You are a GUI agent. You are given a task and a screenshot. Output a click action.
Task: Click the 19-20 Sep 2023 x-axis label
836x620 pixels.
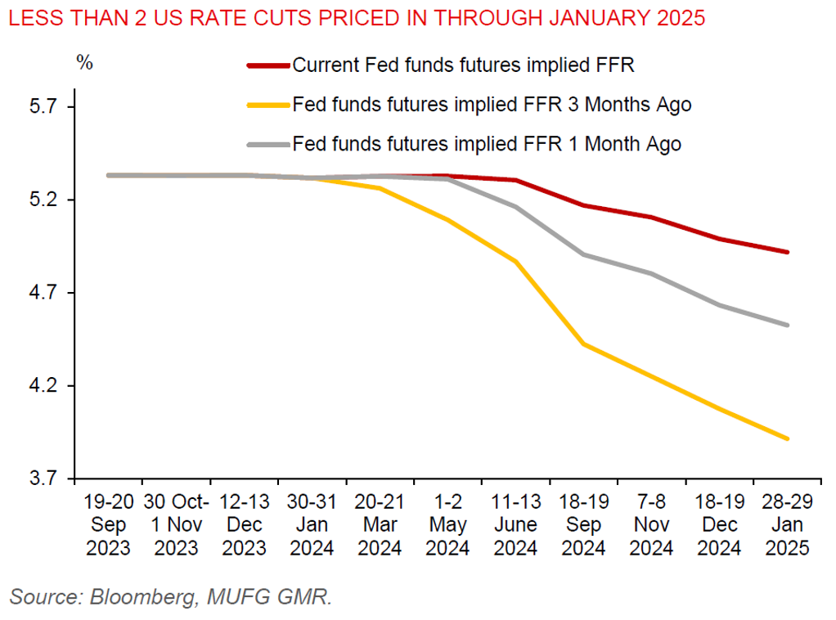point(108,524)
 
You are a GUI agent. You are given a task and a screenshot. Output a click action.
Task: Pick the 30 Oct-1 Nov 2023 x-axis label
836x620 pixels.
point(176,524)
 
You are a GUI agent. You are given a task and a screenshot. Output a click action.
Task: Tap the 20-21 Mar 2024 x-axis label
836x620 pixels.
point(380,524)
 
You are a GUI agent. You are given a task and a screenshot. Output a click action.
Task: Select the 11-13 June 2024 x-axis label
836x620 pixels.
point(516,524)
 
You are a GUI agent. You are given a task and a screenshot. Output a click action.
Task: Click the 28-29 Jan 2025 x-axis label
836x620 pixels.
point(787,524)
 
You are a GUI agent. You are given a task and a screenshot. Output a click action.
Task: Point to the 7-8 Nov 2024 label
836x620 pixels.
point(652,524)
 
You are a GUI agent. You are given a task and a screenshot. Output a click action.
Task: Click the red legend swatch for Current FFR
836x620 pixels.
point(267,65)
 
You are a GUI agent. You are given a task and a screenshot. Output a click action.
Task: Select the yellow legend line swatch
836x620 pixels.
point(267,105)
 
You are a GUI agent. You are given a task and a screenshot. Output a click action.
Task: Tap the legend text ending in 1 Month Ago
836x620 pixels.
point(487,144)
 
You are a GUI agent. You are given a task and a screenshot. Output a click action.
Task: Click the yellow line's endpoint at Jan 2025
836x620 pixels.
point(787,439)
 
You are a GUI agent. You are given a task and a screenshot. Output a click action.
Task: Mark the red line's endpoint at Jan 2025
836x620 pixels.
point(787,252)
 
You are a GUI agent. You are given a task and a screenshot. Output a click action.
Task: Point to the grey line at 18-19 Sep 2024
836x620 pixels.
point(584,254)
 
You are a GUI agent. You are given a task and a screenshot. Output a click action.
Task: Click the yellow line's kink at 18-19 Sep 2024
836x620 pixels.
point(584,344)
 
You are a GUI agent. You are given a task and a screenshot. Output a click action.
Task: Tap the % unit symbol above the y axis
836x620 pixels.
point(84,63)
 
